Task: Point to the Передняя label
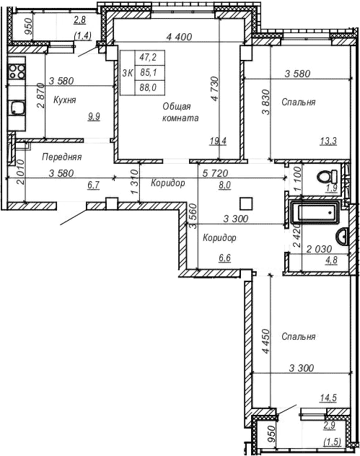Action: click(x=61, y=157)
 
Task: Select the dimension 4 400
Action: click(x=178, y=36)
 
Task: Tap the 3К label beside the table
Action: click(x=128, y=72)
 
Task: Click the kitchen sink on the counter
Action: click(x=16, y=108)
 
